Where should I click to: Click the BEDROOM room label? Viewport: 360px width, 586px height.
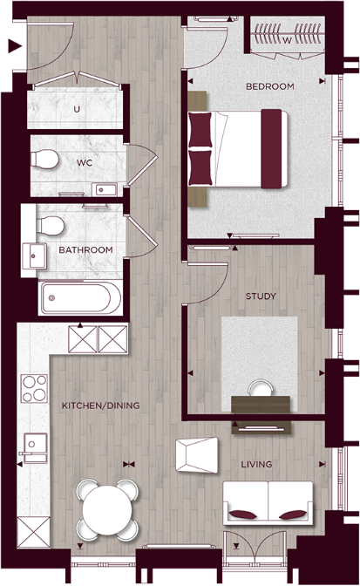(269, 86)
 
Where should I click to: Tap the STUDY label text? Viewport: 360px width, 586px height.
(261, 296)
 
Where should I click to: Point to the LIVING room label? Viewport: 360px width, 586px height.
(256, 464)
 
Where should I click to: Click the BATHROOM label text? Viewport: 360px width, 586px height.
(85, 250)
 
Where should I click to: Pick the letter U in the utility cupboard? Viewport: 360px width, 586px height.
(77, 110)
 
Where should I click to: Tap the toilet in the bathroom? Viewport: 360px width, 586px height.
(51, 226)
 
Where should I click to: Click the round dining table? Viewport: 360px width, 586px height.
(109, 510)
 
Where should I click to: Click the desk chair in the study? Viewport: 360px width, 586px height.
(259, 388)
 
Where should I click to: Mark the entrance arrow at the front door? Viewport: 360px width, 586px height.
(13, 48)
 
